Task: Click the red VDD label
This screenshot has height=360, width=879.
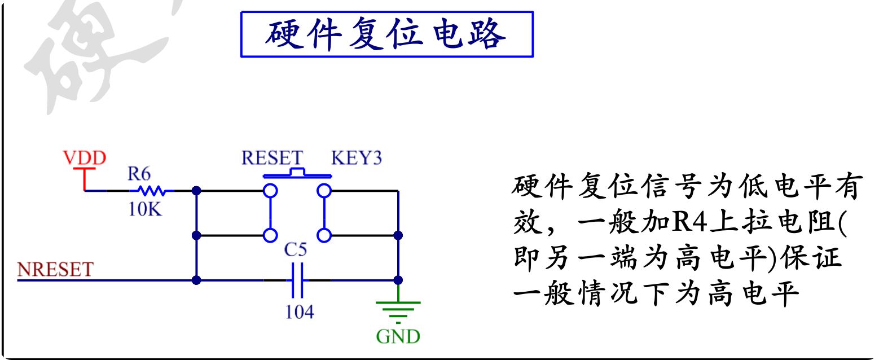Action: pos(85,157)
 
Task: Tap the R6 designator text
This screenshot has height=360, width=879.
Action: pos(139,173)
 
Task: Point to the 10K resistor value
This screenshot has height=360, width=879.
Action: pos(145,209)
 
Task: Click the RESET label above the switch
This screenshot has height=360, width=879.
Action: pos(272,158)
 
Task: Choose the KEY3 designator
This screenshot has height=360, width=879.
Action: pos(357,158)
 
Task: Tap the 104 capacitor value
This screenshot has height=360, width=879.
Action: pos(300,311)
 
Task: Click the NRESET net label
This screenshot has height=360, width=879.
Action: pos(55,269)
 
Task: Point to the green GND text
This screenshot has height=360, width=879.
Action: pos(398,337)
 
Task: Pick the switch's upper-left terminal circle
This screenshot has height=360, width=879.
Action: pos(270,191)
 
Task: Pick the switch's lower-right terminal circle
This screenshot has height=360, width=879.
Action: pos(324,235)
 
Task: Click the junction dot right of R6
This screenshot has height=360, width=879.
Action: pos(196,191)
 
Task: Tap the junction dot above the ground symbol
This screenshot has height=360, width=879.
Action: pos(398,280)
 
